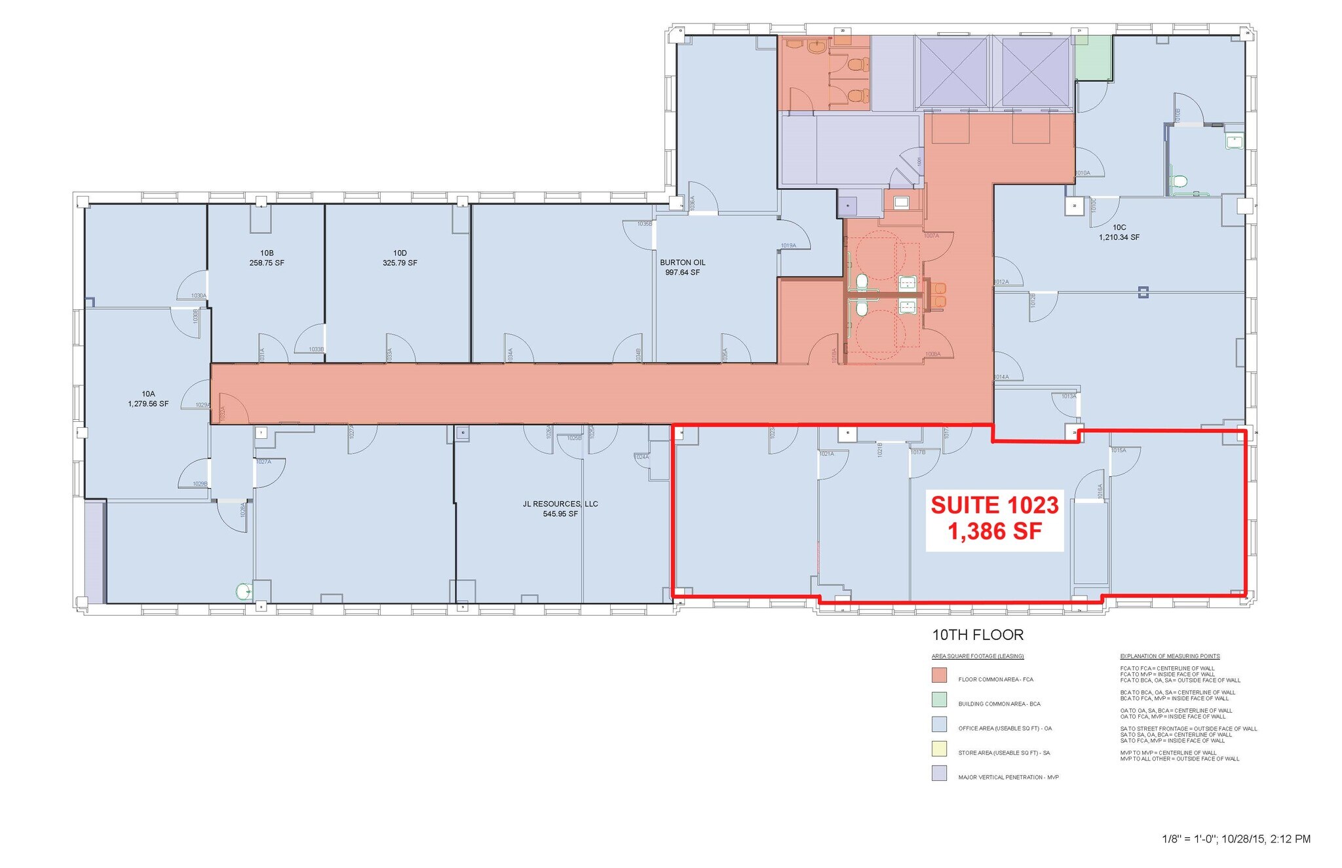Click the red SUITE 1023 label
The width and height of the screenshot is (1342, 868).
point(994,505)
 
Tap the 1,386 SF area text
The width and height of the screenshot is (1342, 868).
point(994,531)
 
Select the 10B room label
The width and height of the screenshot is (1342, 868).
point(267,253)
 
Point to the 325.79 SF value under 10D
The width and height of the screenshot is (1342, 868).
point(400,263)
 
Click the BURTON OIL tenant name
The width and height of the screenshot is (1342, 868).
point(682,263)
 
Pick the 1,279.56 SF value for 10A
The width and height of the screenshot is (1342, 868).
point(148,404)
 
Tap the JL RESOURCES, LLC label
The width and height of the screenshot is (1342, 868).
point(560,504)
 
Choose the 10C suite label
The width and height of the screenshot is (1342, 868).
point(1119,227)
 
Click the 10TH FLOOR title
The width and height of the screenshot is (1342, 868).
point(977,635)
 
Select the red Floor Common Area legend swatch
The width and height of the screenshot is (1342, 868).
point(939,675)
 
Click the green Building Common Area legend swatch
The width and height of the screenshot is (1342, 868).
point(939,700)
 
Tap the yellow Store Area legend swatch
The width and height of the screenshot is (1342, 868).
point(939,749)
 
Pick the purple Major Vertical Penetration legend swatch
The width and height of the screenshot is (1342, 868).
point(939,774)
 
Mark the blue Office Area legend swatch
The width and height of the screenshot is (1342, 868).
point(939,725)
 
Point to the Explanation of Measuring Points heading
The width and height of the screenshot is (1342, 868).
point(1170,656)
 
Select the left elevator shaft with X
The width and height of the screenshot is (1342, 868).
point(954,72)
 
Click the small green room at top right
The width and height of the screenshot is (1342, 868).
point(1093,58)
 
